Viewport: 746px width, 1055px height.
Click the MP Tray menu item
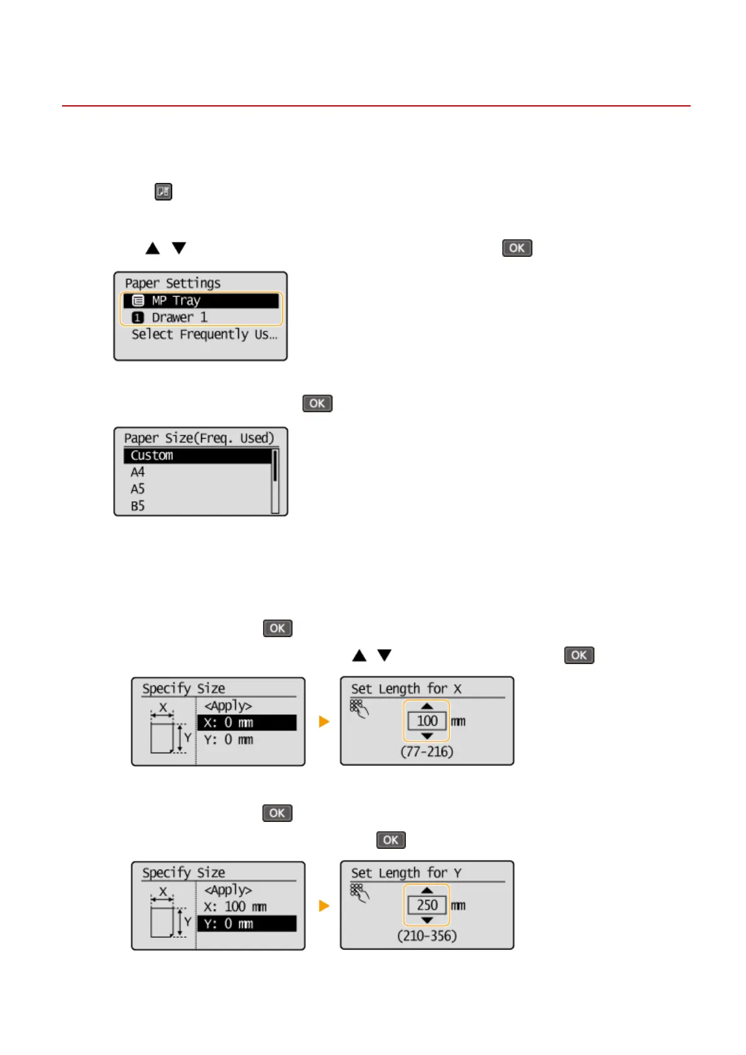tap(200, 301)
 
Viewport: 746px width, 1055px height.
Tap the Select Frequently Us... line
tap(204, 335)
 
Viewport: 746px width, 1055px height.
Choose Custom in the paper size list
tap(198, 455)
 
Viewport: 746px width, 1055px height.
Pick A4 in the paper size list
tap(138, 472)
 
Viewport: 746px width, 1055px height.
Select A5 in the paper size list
tap(138, 489)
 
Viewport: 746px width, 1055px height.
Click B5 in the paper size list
tap(138, 506)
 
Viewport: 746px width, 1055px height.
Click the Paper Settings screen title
tap(173, 283)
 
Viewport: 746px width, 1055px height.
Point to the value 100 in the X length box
tap(427, 721)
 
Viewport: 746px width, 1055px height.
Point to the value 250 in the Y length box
tap(427, 905)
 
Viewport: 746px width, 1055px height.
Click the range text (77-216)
tap(427, 752)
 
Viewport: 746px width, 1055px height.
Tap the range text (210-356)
tap(427, 936)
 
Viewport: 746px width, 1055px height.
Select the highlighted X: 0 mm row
tap(247, 723)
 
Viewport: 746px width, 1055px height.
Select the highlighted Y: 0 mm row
tap(247, 924)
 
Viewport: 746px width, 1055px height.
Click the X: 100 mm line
tap(235, 907)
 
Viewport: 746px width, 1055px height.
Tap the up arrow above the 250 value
tap(427, 890)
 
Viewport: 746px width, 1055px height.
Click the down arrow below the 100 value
tap(427, 737)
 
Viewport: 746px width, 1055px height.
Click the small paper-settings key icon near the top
tap(163, 192)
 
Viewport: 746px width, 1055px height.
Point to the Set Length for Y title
tap(406, 873)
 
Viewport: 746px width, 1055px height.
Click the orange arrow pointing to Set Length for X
tap(324, 722)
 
